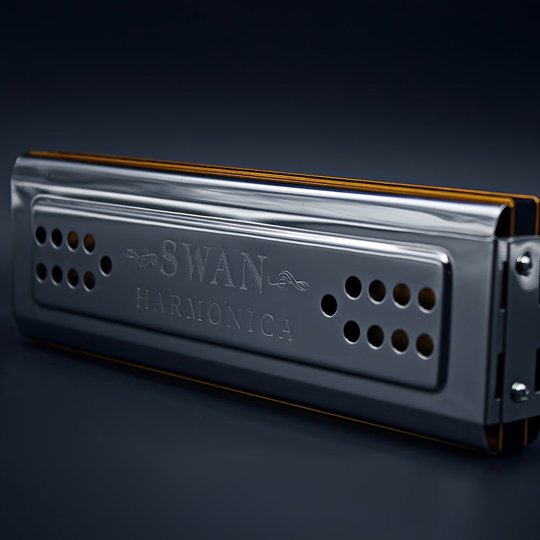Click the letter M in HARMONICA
tap(186, 307)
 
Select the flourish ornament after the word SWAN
tap(289, 281)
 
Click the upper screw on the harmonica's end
tap(522, 265)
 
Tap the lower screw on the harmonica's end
tap(519, 393)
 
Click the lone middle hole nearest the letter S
tap(106, 265)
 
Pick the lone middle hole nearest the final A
tap(328, 306)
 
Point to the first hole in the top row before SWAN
tap(40, 234)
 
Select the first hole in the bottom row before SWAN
tap(40, 271)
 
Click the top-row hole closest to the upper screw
tap(427, 300)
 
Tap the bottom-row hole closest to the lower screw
tap(424, 346)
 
